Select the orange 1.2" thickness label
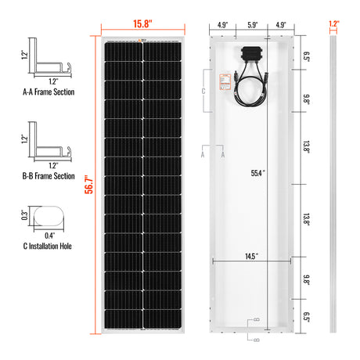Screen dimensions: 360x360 (334, 24)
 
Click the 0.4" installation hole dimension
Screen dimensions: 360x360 (49, 236)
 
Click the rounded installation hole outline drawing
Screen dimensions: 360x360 (51, 216)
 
